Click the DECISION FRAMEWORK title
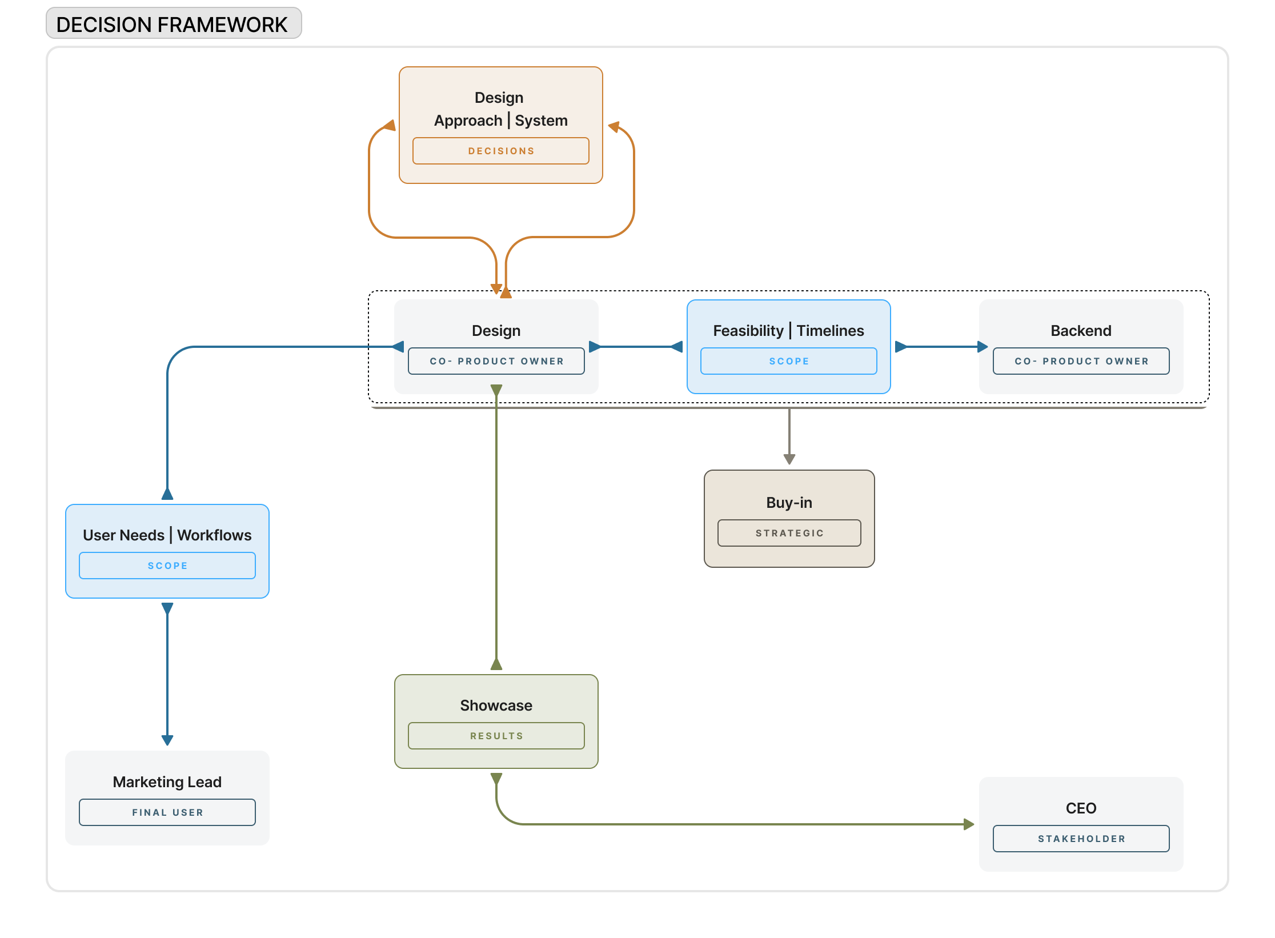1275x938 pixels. coord(172,25)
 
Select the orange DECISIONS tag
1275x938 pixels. coord(500,151)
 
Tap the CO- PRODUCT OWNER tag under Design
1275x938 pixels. coord(496,361)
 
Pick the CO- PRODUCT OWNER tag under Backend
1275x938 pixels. coord(1081,361)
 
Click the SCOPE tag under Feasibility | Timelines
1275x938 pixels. coord(788,361)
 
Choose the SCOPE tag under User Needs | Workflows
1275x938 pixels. coord(167,566)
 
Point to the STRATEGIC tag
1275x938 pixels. coord(789,533)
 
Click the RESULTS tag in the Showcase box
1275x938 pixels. coord(496,736)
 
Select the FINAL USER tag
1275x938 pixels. coord(167,812)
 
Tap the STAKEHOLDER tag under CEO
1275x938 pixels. coord(1081,839)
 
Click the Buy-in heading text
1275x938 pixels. coord(789,503)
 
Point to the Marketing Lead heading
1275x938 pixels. coord(167,782)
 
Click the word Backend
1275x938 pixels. coord(1081,331)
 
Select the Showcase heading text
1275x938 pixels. coord(496,705)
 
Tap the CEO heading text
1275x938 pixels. coord(1081,808)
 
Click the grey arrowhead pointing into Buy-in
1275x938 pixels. coord(789,459)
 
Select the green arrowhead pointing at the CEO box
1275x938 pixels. coord(969,824)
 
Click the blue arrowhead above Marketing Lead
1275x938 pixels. coord(167,740)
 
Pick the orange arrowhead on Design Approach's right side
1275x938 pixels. coord(614,127)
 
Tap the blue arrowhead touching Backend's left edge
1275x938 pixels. coord(983,347)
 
